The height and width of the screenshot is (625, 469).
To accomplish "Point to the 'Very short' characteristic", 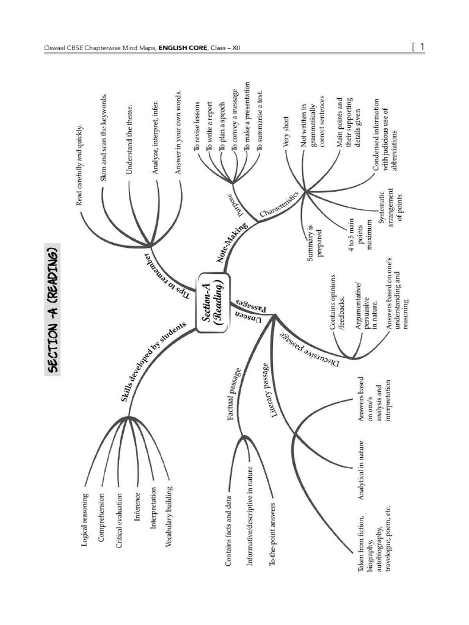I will tap(285, 131).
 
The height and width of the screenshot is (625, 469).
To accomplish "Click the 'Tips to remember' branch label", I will tap(167, 273).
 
